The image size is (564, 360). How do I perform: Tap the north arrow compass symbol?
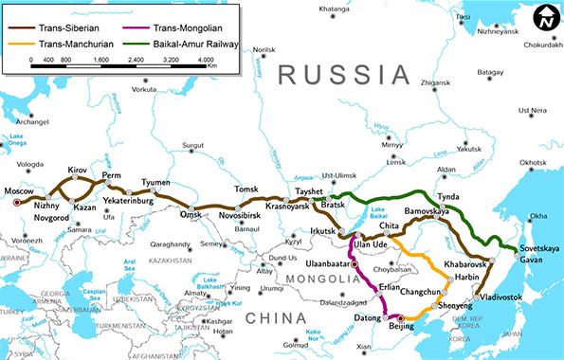tap(544, 18)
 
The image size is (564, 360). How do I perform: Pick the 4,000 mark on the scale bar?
tap(205, 60)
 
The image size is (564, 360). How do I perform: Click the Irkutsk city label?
tap(322, 231)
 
